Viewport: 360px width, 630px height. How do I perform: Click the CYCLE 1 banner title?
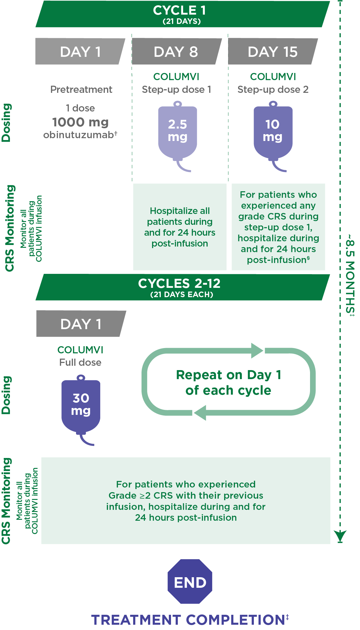point(179,11)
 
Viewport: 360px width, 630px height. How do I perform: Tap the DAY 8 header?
point(176,52)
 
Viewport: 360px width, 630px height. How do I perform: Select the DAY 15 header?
point(272,52)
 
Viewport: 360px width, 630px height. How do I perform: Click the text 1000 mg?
point(80,122)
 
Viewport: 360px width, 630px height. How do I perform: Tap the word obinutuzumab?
point(79,135)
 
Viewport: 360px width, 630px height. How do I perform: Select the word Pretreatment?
point(81,89)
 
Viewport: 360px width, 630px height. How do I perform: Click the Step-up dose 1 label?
point(176,89)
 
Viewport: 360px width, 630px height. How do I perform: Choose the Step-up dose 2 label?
point(273,89)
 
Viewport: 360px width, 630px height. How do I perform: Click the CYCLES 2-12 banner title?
point(179,283)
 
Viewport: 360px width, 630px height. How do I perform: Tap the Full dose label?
point(80,362)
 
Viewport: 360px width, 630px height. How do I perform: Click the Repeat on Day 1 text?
point(228,375)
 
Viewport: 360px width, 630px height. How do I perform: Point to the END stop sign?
point(190,581)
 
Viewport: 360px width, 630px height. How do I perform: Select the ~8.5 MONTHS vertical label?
point(350,275)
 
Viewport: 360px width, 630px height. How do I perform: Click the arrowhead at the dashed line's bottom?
point(340,536)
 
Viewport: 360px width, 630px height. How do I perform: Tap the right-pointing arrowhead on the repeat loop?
point(257,351)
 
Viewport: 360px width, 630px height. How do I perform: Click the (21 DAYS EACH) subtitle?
point(182,294)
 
